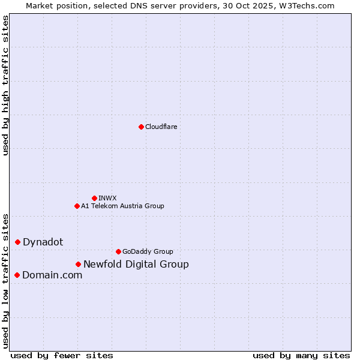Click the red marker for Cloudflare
(141, 127)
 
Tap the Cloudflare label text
(161, 127)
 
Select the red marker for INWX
(94, 198)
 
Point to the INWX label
(107, 198)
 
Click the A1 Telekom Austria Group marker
(77, 206)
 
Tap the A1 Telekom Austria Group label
(122, 206)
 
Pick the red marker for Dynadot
(18, 242)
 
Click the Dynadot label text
(43, 242)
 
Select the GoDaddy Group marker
(118, 251)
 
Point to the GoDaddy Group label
(148, 251)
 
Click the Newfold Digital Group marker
(78, 264)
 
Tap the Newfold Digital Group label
(136, 264)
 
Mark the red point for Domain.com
(17, 275)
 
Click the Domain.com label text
(52, 275)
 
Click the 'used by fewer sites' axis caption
(62, 355)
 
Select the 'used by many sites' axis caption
(301, 355)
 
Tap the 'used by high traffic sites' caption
(6, 85)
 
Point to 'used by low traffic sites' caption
(6, 280)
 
